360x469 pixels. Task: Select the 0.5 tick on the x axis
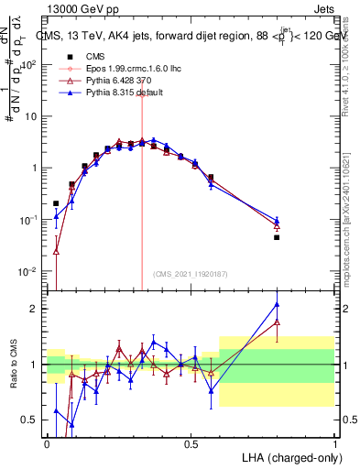click(191, 443)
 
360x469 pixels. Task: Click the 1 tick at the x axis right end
click(333, 443)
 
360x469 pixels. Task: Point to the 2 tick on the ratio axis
click(35, 309)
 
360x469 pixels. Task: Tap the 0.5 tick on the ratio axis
click(30, 420)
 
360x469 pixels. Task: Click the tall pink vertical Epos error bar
click(142, 183)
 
